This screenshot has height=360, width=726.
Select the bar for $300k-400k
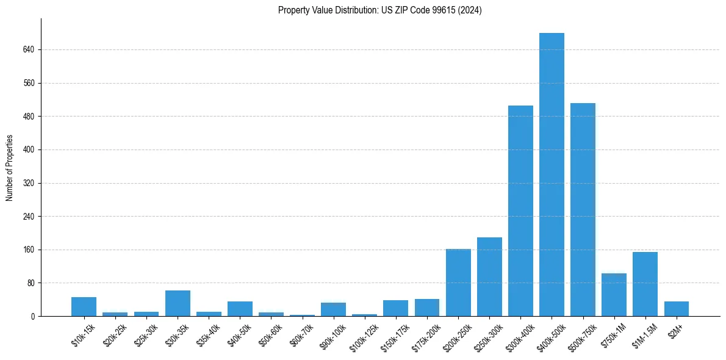520,211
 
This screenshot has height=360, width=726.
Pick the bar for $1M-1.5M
645,284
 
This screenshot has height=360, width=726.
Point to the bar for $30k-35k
178,303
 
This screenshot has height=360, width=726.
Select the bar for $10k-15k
84,306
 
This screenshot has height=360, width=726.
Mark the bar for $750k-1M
614,295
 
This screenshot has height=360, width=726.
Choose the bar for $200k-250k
458,283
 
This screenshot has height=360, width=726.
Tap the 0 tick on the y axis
33,317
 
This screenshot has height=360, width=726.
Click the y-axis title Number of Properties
10,168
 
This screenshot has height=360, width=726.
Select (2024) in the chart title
470,10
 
